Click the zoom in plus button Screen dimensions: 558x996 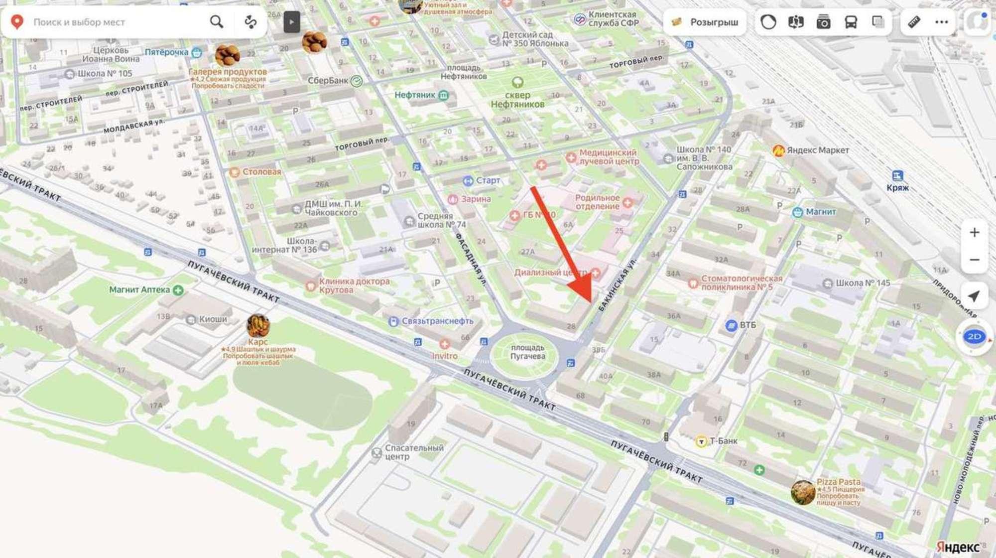[x=974, y=233]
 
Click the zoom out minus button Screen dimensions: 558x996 [x=974, y=260]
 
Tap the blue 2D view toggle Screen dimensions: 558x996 [x=974, y=337]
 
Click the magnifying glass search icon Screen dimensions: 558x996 [x=216, y=22]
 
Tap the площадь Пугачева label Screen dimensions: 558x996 [x=527, y=352]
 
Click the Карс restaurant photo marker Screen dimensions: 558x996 [x=258, y=326]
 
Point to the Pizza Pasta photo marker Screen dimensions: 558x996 [x=803, y=492]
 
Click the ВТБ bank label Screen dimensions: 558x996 [x=747, y=325]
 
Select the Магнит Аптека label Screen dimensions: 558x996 [x=139, y=289]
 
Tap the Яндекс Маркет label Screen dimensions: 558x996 [x=817, y=150]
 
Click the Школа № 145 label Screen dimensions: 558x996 [x=862, y=283]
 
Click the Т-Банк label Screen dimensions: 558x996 [x=723, y=441]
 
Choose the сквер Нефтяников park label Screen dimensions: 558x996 [x=517, y=99]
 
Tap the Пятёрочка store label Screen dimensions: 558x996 [x=167, y=52]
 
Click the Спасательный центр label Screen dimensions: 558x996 [x=413, y=452]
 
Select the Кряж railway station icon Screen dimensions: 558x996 [x=897, y=176]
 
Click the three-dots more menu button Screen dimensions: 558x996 [x=941, y=22]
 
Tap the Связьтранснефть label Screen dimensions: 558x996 [x=437, y=321]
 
